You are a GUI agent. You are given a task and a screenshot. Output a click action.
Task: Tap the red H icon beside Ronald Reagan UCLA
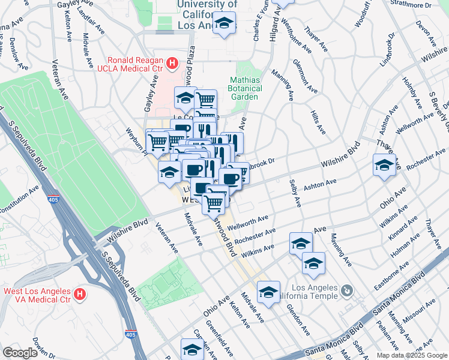coord(172,62)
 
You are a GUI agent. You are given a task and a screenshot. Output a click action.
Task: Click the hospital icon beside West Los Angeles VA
coord(79,295)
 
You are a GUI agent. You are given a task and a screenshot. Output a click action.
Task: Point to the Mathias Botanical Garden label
coord(245,88)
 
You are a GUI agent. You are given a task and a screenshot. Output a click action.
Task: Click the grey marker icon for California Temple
coord(346,292)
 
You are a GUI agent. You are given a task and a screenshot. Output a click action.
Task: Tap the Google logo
coord(20,353)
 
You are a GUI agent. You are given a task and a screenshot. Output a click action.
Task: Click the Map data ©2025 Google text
coord(411,355)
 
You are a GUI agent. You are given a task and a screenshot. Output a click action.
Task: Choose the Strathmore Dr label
coord(427,4)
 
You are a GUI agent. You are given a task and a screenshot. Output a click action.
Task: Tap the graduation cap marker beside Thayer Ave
coord(384,164)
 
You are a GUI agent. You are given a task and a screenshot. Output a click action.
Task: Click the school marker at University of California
coord(224,23)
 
